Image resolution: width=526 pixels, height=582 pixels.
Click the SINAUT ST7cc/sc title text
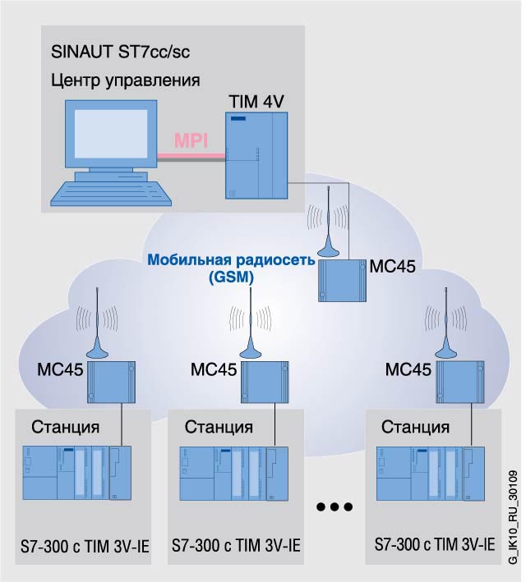[x=120, y=51]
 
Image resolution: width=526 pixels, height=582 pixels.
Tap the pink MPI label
[x=191, y=140]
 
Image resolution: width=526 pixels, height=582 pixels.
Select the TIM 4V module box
[x=256, y=155]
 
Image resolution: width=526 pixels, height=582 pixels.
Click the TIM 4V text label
[x=256, y=101]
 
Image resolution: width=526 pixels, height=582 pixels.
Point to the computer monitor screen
[x=111, y=133]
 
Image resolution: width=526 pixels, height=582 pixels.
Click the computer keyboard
[x=111, y=193]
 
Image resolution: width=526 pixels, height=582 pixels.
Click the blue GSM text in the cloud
[x=231, y=277]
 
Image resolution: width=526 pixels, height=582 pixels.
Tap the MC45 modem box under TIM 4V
[x=342, y=281]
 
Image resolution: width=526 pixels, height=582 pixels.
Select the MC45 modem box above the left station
[x=111, y=383]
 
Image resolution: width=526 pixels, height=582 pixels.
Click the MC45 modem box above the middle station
[x=265, y=383]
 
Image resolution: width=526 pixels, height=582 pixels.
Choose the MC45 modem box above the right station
[x=459, y=383]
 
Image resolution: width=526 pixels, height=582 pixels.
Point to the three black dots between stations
[x=335, y=506]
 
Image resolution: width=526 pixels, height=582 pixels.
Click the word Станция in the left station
[x=66, y=427]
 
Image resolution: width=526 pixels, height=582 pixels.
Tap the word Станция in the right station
[x=415, y=427]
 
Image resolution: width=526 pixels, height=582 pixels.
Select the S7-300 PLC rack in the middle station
[x=233, y=474]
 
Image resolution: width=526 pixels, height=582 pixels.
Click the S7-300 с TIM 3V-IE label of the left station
[x=85, y=547]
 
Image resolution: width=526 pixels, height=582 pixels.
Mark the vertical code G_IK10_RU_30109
[x=513, y=517]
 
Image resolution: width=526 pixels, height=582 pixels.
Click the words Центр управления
[x=125, y=80]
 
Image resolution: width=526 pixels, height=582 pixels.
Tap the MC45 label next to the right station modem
[x=408, y=369]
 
